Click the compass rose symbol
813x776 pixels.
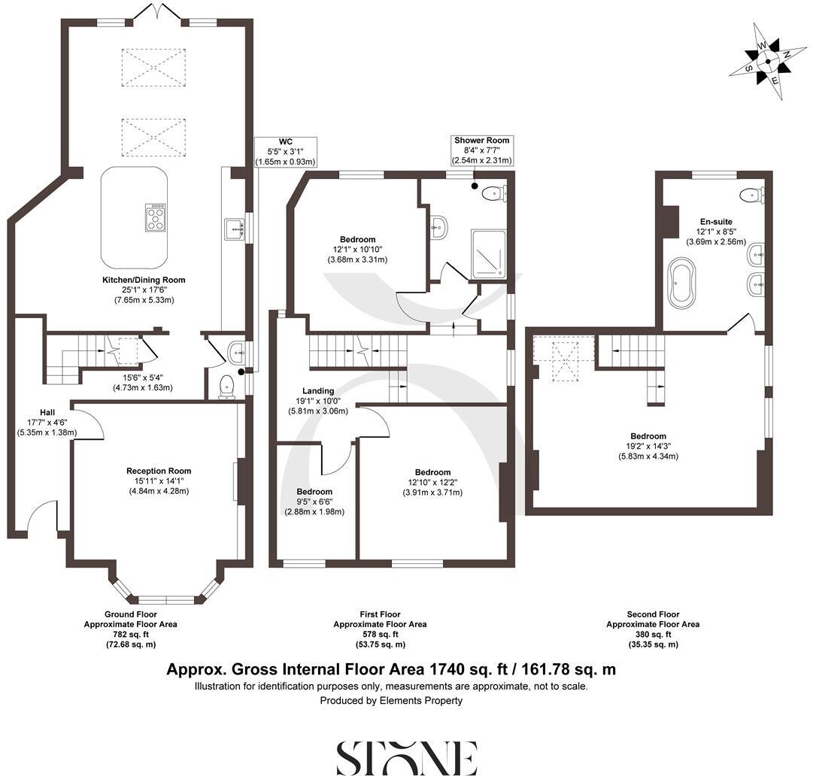tap(766, 62)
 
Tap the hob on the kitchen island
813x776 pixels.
tap(156, 218)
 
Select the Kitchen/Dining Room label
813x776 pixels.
tap(144, 280)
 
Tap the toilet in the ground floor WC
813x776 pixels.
tap(226, 386)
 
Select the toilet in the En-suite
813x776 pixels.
tap(753, 195)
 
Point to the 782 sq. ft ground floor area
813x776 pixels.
tap(130, 634)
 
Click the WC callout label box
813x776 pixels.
tap(285, 151)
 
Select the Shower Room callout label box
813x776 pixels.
tap(481, 150)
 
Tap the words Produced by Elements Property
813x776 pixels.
tap(391, 700)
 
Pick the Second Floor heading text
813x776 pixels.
tap(653, 614)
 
